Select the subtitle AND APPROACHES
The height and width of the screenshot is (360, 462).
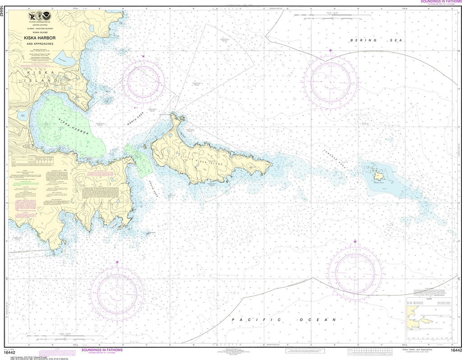(40, 44)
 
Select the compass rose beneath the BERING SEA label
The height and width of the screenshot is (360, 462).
(331, 81)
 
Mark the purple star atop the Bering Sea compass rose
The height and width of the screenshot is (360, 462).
(331, 51)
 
